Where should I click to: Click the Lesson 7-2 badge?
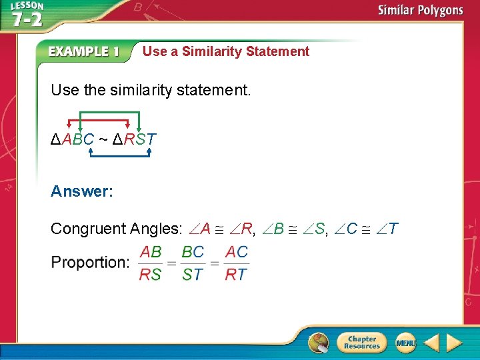27,15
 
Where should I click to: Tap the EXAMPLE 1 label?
84,52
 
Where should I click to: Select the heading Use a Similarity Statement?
226,51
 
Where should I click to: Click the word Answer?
82,191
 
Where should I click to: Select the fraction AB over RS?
150,263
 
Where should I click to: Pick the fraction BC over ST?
193,263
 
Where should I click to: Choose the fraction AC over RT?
236,263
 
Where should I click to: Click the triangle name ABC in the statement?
79,140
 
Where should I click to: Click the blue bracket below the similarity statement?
121,156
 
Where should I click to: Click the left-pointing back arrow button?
431,343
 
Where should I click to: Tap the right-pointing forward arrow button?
455,343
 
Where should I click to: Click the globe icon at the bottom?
318,343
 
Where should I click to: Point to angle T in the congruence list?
389,229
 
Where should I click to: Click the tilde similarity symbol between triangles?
103,140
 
